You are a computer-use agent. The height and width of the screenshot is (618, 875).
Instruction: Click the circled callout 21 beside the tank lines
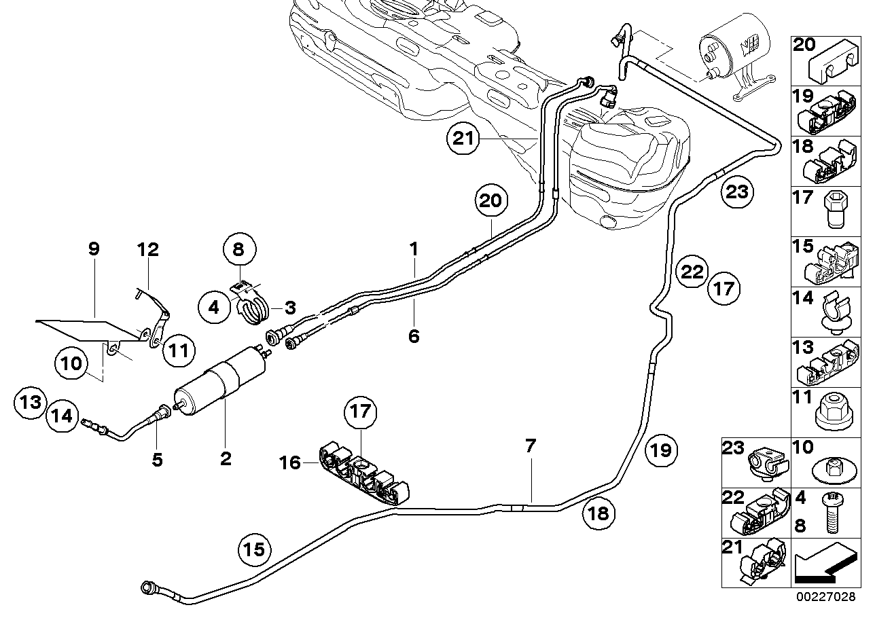click(x=463, y=140)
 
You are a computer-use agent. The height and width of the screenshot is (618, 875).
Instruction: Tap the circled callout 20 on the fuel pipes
click(x=493, y=201)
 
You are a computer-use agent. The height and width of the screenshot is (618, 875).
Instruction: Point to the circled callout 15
click(x=254, y=548)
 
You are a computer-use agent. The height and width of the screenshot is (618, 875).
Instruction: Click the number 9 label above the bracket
click(x=94, y=249)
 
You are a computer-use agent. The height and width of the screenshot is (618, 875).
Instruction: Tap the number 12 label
click(x=147, y=249)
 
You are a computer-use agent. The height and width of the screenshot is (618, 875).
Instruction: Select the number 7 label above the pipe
click(x=531, y=446)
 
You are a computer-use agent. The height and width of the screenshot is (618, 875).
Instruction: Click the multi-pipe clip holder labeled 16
click(x=363, y=474)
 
